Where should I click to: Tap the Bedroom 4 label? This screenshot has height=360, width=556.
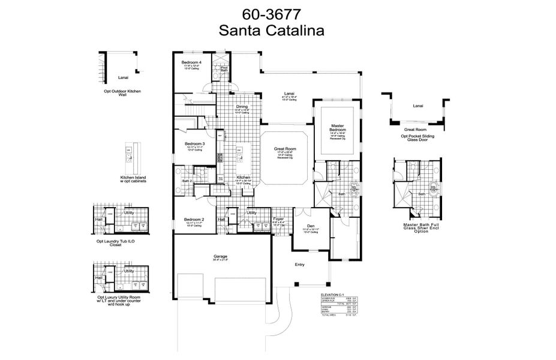pos(193,62)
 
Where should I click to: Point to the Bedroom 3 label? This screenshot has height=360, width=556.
pos(195,144)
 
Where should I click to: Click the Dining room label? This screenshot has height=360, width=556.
pos(242,107)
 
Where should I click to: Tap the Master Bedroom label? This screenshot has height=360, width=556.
pos(338,128)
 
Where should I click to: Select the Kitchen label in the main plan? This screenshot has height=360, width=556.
pos(243,178)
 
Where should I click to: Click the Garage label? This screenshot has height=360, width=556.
pos(220,256)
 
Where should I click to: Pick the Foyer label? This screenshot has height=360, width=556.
pos(278,220)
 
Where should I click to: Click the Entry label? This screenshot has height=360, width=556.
pos(299,265)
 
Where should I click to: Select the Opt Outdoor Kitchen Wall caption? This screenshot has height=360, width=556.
pos(122,92)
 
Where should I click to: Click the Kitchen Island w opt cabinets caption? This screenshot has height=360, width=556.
pos(133,180)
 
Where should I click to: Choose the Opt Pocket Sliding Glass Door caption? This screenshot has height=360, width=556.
pos(418,134)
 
